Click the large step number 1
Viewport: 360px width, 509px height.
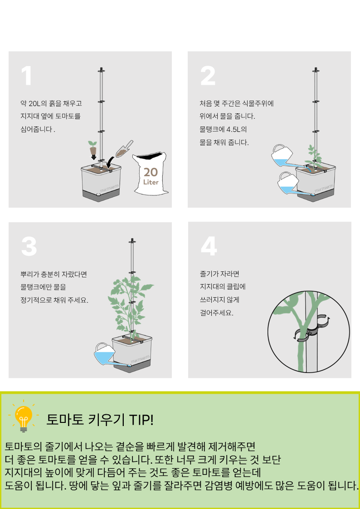[27, 76]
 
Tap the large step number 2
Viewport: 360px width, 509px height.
[208, 76]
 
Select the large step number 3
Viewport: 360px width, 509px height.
[29, 247]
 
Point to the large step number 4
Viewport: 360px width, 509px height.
[209, 247]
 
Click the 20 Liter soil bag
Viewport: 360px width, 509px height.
[150, 174]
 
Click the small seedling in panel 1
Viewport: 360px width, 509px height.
[93, 148]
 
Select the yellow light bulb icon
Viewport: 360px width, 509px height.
[24, 417]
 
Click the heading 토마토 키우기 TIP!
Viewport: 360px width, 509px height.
[100, 420]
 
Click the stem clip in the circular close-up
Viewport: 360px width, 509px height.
[311, 329]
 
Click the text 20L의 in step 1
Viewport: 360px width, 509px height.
[38, 103]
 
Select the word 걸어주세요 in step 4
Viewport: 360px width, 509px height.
[217, 314]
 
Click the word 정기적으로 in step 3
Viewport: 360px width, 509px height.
[36, 300]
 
